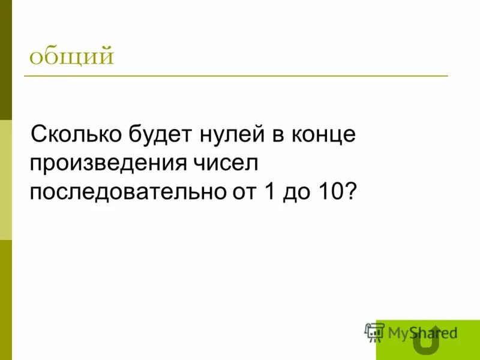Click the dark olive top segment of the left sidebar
click(5, 60)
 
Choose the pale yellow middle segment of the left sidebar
click(5, 180)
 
